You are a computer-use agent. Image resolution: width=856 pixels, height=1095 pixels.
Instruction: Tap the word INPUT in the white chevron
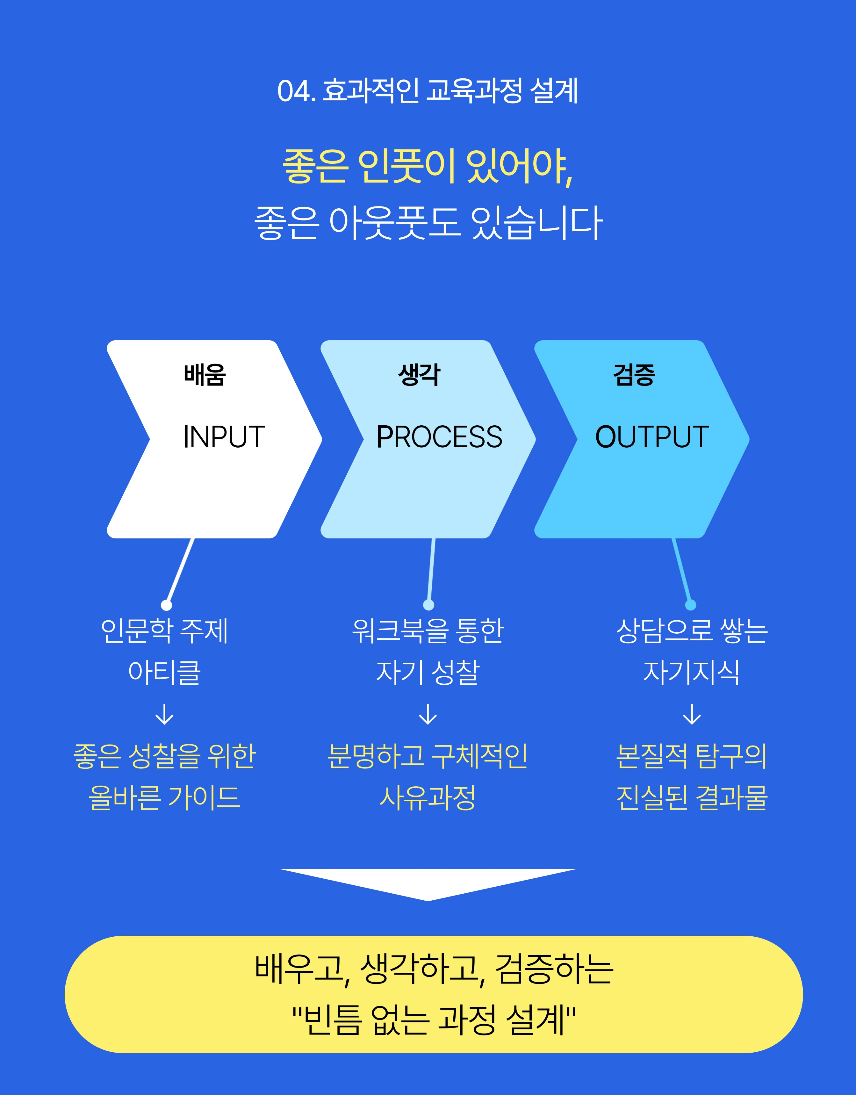224,437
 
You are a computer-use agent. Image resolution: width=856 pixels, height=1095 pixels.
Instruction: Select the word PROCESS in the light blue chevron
439,437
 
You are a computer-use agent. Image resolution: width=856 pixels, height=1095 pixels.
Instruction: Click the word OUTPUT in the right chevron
652,437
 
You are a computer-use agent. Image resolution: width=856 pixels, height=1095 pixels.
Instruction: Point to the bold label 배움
205,375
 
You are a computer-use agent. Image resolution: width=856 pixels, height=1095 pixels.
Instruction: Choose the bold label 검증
634,375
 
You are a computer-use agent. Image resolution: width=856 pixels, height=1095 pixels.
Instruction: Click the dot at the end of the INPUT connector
167,605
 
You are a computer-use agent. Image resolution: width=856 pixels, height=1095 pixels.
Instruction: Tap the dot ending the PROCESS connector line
429,605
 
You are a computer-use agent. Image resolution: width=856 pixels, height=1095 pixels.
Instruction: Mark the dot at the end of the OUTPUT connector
691,605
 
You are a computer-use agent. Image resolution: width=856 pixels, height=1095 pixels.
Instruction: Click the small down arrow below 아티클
164,715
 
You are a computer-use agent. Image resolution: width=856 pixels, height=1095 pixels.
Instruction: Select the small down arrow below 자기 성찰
428,715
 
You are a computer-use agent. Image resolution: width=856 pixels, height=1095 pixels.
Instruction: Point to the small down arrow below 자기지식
692,715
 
